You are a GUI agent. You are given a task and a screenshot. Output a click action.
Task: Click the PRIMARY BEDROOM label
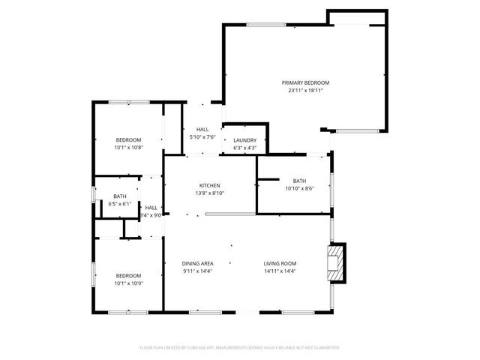click(x=305, y=82)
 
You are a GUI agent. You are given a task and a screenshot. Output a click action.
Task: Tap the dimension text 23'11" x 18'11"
click(x=305, y=90)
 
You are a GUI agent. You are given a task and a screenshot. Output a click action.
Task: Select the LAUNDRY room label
click(x=244, y=140)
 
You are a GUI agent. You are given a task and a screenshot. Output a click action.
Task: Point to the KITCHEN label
click(x=209, y=185)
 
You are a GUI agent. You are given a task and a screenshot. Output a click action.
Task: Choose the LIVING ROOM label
click(x=280, y=263)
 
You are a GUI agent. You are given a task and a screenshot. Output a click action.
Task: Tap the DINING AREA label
click(x=198, y=263)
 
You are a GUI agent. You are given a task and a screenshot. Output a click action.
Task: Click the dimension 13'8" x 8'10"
click(x=209, y=193)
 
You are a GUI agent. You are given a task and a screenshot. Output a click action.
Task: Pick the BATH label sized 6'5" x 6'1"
click(x=120, y=196)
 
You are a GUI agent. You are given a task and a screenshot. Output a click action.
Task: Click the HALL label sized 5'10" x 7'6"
click(x=202, y=130)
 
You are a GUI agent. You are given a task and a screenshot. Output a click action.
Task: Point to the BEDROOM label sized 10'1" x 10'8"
click(x=127, y=140)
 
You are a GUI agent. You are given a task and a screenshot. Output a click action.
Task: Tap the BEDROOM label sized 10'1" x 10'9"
click(x=127, y=275)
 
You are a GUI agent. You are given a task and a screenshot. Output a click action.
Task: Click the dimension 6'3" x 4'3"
click(x=244, y=148)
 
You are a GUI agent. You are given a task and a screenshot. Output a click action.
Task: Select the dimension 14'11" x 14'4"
click(x=280, y=271)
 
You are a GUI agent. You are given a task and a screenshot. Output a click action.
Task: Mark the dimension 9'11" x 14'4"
click(x=198, y=271)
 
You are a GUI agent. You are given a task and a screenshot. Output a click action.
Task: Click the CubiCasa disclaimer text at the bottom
click(x=240, y=347)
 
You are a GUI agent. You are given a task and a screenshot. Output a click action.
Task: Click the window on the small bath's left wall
click(x=93, y=195)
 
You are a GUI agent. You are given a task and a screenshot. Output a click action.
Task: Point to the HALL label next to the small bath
click(x=151, y=208)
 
